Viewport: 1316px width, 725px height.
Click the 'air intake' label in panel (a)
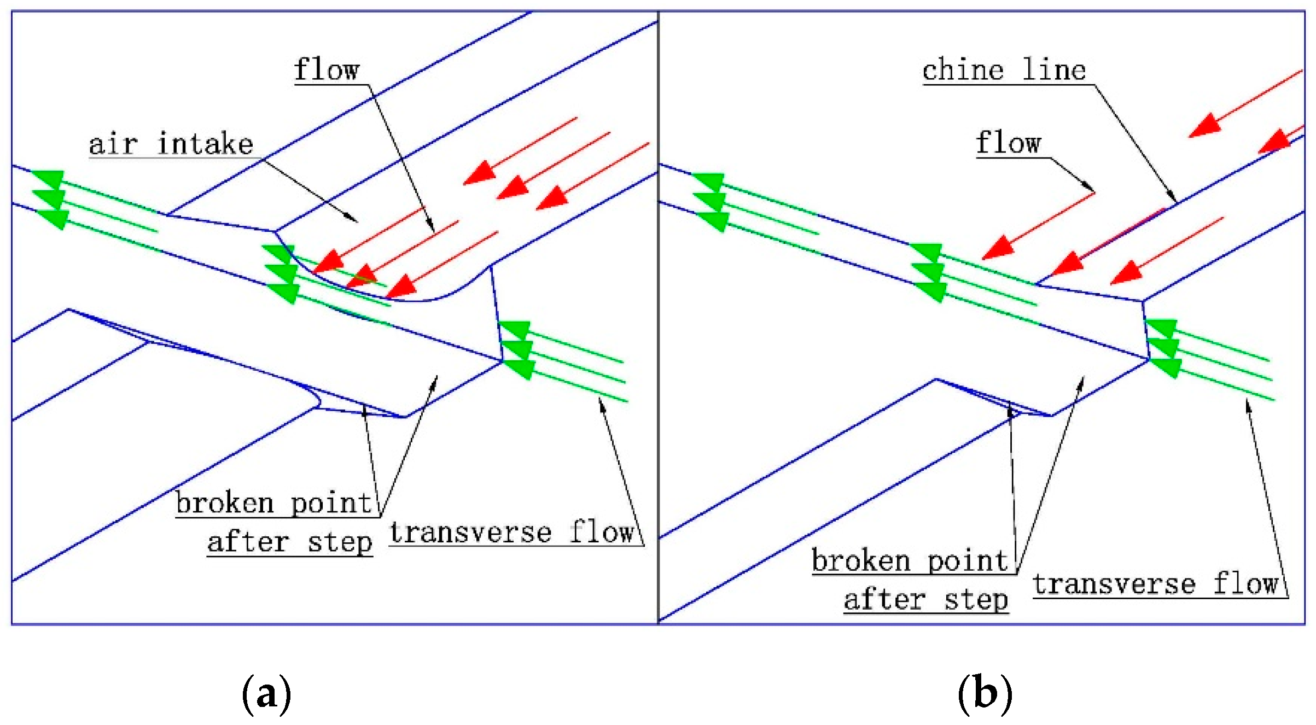(171, 144)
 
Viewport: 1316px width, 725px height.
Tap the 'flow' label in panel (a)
(327, 69)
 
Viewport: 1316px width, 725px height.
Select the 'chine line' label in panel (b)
(1004, 70)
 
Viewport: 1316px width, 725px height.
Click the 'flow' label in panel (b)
(1008, 143)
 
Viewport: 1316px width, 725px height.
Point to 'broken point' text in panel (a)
(273, 503)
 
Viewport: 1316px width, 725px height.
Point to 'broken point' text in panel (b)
(910, 561)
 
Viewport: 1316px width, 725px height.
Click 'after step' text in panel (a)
(289, 542)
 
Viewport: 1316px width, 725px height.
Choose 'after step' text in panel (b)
(925, 600)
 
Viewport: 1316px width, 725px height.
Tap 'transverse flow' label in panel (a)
(511, 533)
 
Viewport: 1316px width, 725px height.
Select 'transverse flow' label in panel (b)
(1155, 584)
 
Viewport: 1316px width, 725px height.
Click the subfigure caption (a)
(266, 693)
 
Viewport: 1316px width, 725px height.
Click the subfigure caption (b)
(985, 693)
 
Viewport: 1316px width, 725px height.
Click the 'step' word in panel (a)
(340, 542)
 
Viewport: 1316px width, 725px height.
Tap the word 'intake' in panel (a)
(205, 144)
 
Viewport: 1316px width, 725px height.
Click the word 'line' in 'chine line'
(1053, 70)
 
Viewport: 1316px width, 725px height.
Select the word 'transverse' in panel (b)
(1114, 584)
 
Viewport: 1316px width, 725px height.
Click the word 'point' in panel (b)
(968, 561)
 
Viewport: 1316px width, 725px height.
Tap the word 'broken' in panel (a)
(224, 503)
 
